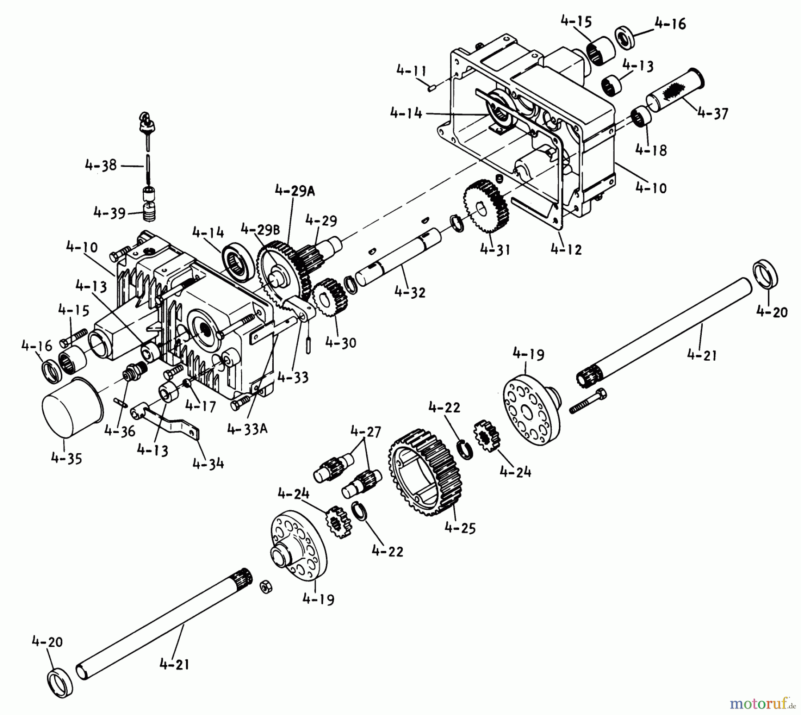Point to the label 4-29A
(x=295, y=191)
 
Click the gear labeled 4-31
(x=486, y=206)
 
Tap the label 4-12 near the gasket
(x=566, y=249)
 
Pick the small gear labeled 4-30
(x=330, y=297)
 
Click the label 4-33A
(x=247, y=429)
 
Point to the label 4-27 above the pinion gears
(x=366, y=431)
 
